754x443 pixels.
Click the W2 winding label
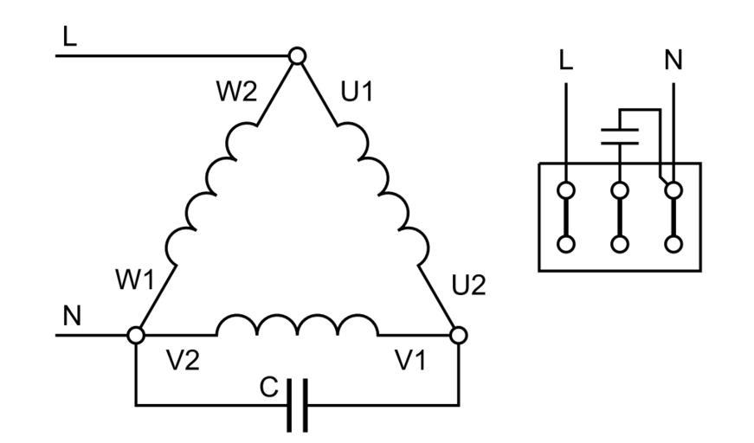[x=236, y=92]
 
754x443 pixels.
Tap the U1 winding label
[x=357, y=92]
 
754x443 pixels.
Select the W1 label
[x=134, y=279]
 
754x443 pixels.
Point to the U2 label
[x=468, y=285]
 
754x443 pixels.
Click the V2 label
[x=182, y=361]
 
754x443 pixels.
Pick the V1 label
[x=410, y=361]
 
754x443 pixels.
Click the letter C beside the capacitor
[x=269, y=388]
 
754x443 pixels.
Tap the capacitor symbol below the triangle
[x=297, y=405]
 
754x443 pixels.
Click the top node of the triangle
[x=297, y=56]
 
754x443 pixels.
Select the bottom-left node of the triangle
[x=136, y=335]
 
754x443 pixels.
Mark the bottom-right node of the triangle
[x=459, y=335]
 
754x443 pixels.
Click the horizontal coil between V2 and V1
[x=297, y=326]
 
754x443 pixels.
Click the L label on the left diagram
[x=69, y=36]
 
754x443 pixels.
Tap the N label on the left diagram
[x=72, y=317]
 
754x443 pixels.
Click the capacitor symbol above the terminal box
[x=620, y=134]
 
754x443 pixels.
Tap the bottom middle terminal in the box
[x=620, y=244]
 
